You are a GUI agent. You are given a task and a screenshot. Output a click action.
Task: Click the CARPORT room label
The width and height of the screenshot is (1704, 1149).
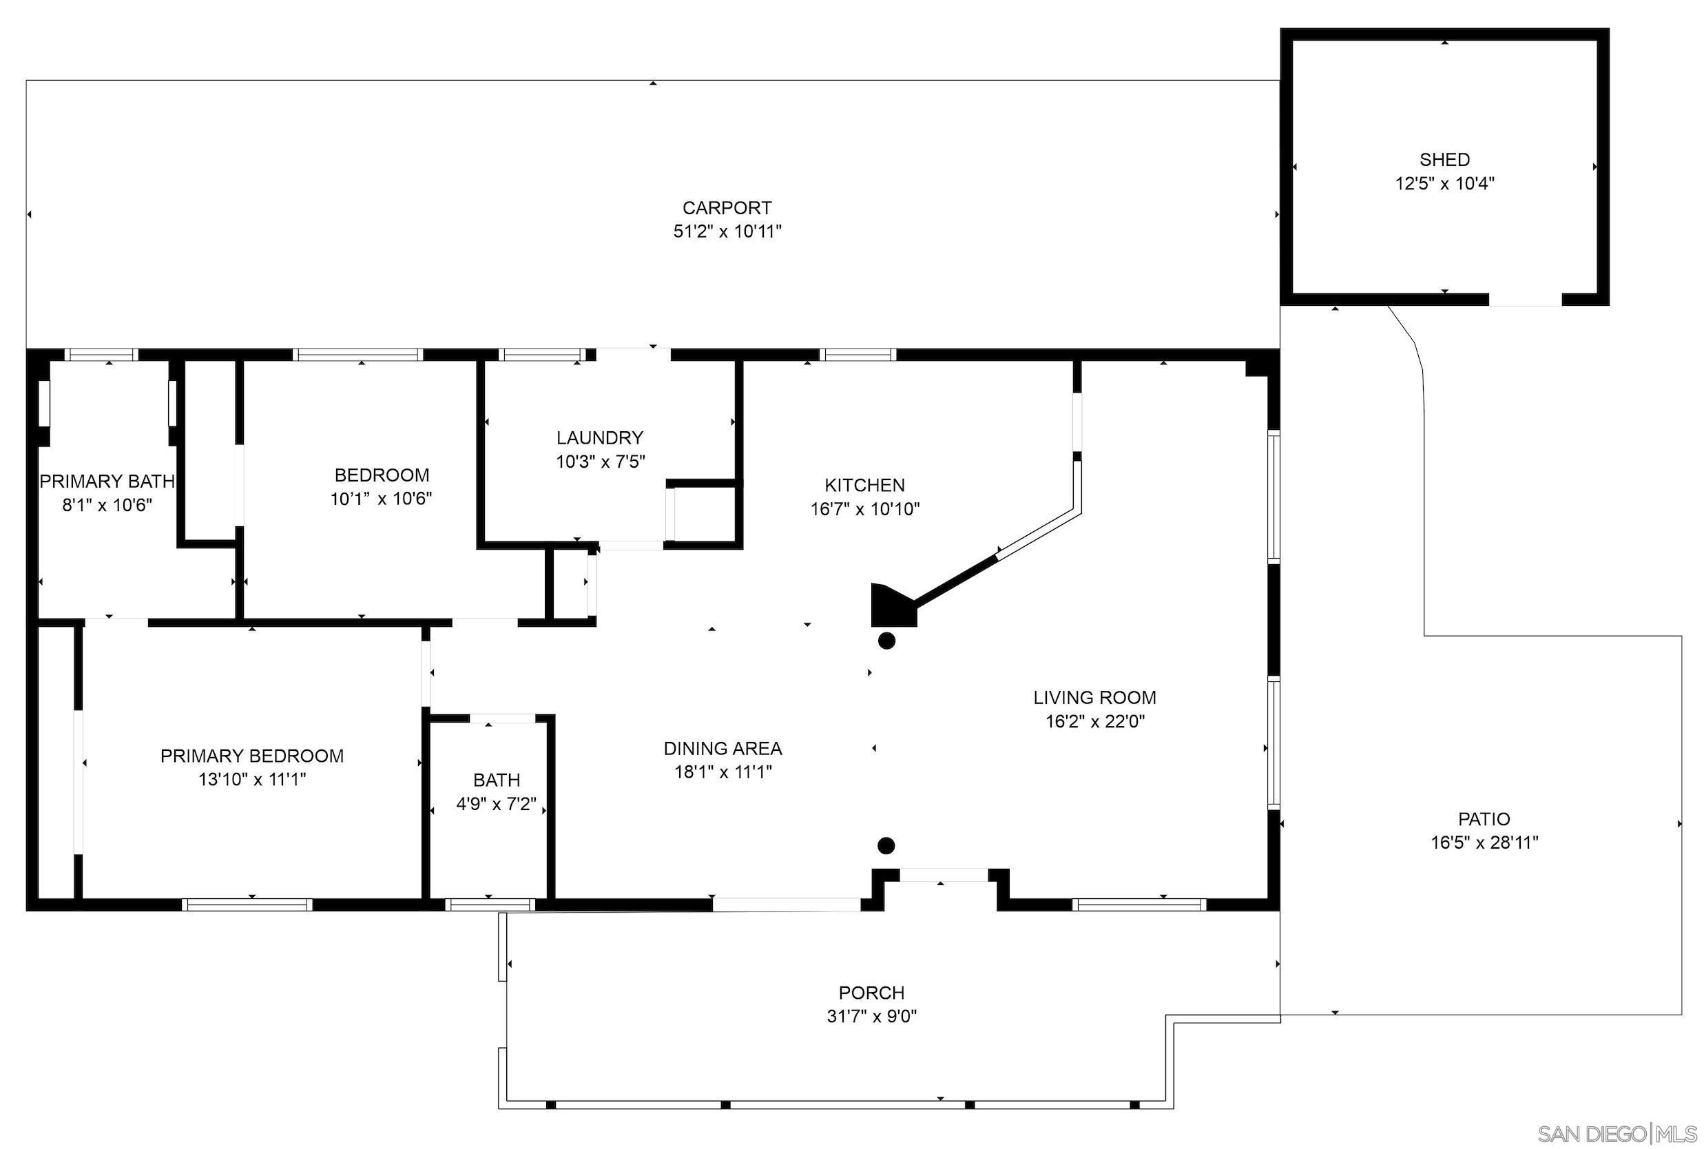[727, 208]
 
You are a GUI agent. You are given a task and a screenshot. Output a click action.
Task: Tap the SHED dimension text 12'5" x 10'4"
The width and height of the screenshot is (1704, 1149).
[1444, 183]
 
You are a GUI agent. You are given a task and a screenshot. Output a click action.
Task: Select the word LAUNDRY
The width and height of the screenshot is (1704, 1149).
[599, 437]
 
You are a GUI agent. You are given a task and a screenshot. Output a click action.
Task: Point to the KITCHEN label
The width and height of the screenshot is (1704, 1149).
[864, 485]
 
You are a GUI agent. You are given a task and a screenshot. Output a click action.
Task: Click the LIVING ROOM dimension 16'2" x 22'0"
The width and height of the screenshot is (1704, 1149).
[1094, 721]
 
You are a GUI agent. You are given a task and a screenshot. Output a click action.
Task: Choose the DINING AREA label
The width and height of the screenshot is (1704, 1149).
[723, 748]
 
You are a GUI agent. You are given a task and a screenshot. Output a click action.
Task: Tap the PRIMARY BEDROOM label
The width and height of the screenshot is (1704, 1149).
[252, 756]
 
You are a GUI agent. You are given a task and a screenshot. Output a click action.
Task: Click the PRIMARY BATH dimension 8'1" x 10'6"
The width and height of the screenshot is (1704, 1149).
[107, 505]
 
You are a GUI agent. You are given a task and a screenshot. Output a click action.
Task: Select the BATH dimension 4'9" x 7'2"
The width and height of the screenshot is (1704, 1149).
[497, 804]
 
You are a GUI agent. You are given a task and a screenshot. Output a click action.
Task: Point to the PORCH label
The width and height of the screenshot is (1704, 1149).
[871, 993]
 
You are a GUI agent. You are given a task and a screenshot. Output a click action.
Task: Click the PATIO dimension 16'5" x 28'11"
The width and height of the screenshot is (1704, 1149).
[1484, 842]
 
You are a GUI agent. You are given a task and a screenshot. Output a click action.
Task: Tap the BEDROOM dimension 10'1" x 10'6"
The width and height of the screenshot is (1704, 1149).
[381, 499]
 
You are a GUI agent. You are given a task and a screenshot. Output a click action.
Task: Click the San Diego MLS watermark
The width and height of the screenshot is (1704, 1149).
[1617, 1133]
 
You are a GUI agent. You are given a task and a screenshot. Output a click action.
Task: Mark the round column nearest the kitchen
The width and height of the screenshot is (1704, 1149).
[886, 641]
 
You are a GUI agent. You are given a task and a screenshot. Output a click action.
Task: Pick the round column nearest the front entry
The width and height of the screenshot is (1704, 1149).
[886, 846]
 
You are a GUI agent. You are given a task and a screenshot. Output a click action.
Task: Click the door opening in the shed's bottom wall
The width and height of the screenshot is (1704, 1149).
[1525, 300]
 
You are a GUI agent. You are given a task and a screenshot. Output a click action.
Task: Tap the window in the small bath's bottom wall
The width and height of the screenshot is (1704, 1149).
[490, 905]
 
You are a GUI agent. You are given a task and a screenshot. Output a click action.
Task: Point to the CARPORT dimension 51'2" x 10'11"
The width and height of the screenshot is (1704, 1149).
[727, 231]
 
